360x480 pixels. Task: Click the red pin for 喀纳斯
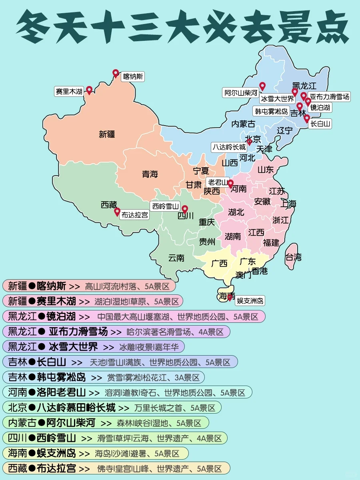click(116, 73)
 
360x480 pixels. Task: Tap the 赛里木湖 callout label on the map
click(68, 91)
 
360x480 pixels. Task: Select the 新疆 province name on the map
click(107, 134)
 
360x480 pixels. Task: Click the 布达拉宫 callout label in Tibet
click(135, 215)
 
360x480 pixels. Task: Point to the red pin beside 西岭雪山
click(184, 209)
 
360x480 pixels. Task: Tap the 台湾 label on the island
click(294, 257)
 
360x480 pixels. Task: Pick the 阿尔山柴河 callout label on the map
click(241, 93)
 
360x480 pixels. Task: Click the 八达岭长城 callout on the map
click(229, 147)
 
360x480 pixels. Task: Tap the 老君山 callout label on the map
click(217, 182)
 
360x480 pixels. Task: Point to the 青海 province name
click(150, 174)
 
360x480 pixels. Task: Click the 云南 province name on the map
click(176, 258)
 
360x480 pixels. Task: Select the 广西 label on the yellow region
click(219, 263)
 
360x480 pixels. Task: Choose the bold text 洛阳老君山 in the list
click(62, 392)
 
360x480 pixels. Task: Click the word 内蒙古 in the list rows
click(17, 423)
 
